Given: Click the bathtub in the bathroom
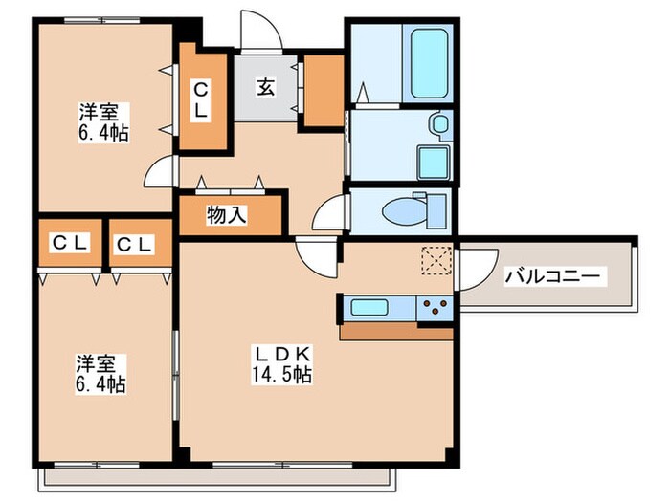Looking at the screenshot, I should pyautogui.click(x=432, y=65).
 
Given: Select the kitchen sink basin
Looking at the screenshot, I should pyautogui.click(x=368, y=307).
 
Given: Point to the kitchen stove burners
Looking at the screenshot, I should pyautogui.click(x=435, y=308).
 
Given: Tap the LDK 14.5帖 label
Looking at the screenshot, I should pyautogui.click(x=281, y=364).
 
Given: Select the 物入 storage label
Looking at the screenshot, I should pyautogui.click(x=227, y=215).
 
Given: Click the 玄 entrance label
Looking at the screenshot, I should pyautogui.click(x=265, y=87).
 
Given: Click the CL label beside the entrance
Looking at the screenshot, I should pyautogui.click(x=202, y=100).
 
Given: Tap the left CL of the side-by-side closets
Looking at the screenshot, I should pyautogui.click(x=70, y=244).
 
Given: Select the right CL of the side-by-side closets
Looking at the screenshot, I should pyautogui.click(x=134, y=244).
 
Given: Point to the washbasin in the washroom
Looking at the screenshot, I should pyautogui.click(x=438, y=123).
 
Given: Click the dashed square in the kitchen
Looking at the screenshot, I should pyautogui.click(x=436, y=260).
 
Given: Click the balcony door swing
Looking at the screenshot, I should pyautogui.click(x=476, y=263).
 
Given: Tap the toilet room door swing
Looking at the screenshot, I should pyautogui.click(x=332, y=211).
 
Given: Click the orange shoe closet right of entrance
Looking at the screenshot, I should pyautogui.click(x=323, y=91).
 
